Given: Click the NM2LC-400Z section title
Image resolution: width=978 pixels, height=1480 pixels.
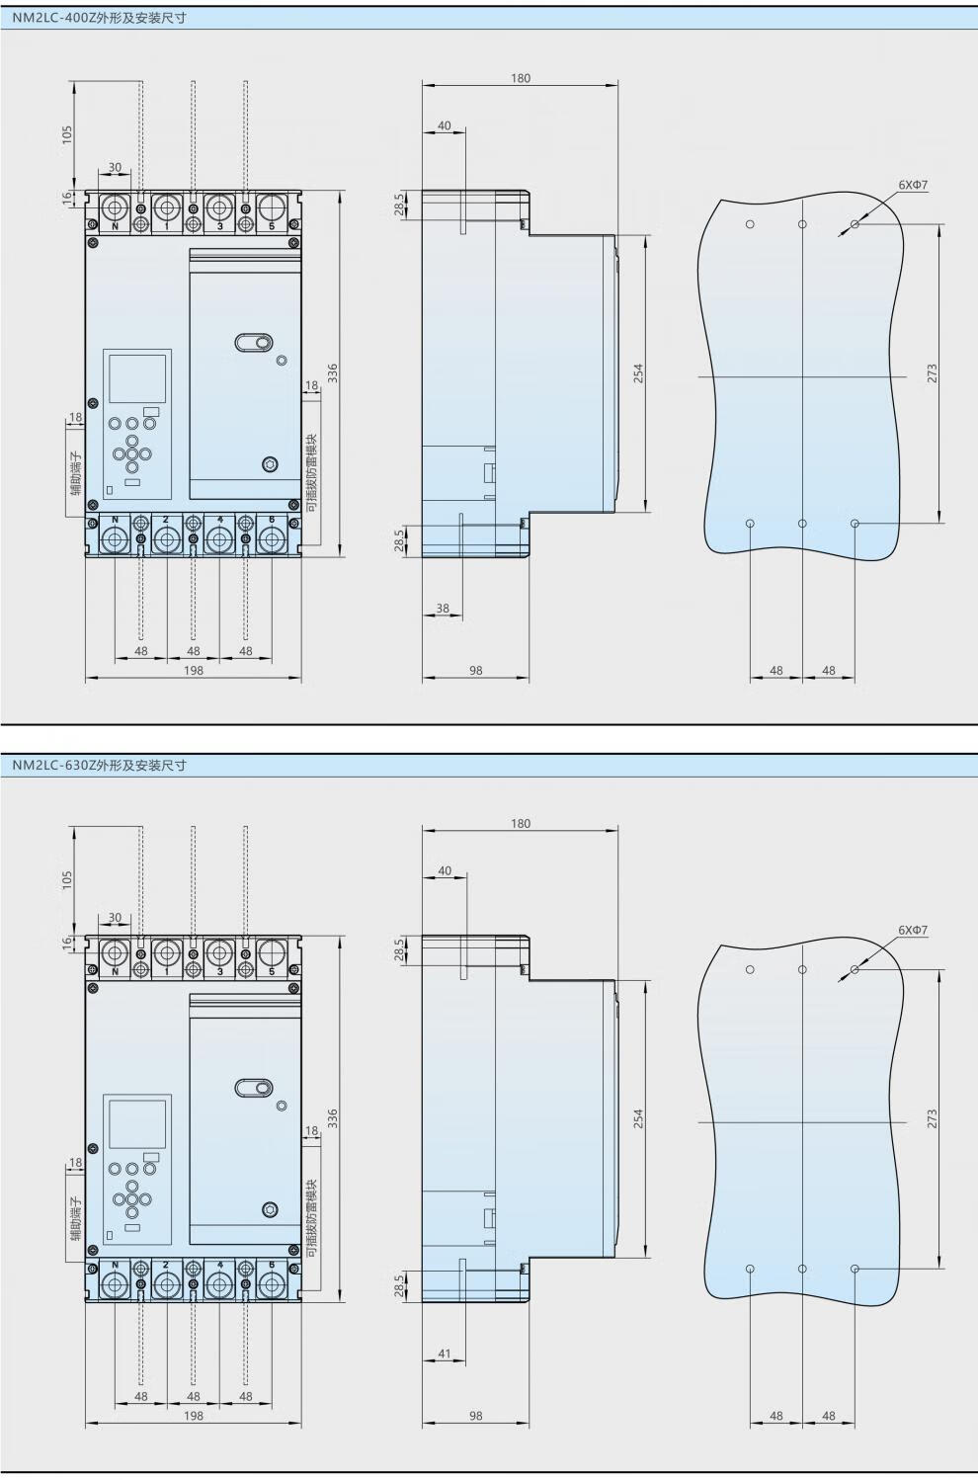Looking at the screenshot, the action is pyautogui.click(x=99, y=19).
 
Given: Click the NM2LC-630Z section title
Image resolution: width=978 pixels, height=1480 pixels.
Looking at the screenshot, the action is pyautogui.click(x=99, y=766).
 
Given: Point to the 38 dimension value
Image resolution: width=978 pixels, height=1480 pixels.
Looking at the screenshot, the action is pyautogui.click(x=443, y=609).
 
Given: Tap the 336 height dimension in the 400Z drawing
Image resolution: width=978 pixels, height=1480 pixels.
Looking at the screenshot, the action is pyautogui.click(x=332, y=373).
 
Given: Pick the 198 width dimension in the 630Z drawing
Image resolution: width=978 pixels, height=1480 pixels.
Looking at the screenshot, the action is pyautogui.click(x=193, y=1416).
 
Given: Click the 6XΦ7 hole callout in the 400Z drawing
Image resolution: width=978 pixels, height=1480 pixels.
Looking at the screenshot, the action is pyautogui.click(x=913, y=185).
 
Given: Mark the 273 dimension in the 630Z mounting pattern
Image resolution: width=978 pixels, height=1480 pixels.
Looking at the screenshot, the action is pyautogui.click(x=932, y=1118).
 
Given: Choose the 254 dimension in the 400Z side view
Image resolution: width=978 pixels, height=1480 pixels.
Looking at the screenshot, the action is pyautogui.click(x=638, y=373).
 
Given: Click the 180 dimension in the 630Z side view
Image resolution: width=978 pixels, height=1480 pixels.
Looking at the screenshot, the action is pyautogui.click(x=521, y=824).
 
